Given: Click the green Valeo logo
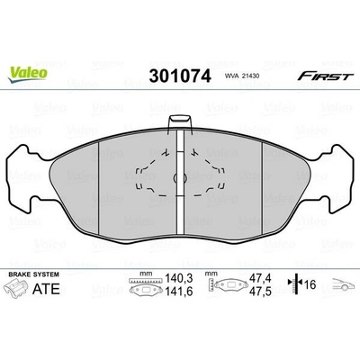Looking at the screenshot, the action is (28, 74).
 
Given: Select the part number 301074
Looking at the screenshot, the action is (180, 76).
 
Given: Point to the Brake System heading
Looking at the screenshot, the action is (33, 274).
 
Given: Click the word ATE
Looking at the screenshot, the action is (46, 289).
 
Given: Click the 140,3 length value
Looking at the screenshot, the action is (178, 279).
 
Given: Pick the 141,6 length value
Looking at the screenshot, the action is (178, 291).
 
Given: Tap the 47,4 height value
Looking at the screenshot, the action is (260, 278).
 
